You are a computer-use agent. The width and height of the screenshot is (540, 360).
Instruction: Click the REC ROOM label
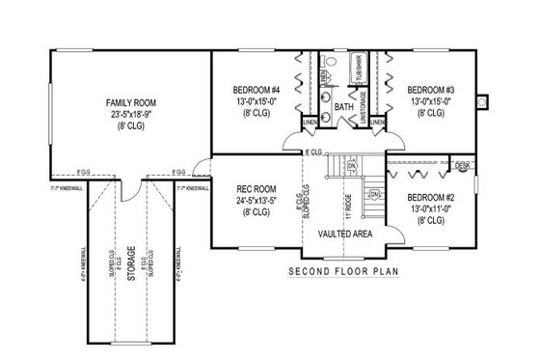pos(256,190)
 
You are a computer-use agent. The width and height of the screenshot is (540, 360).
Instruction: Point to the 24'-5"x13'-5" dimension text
pos(256,201)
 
